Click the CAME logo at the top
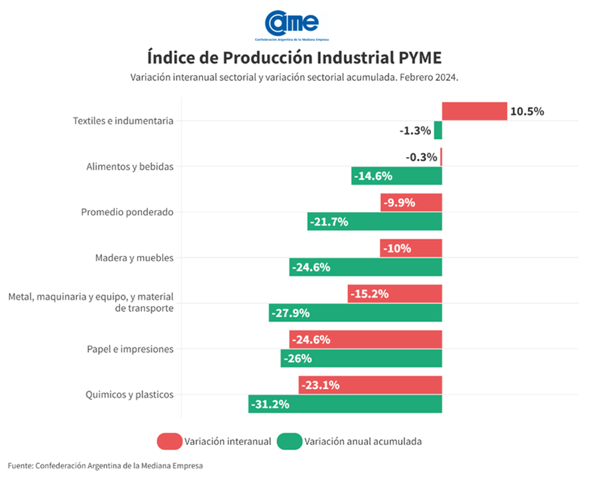click(x=292, y=24)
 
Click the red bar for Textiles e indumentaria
click(x=474, y=111)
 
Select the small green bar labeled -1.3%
click(x=438, y=131)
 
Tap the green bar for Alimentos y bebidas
click(x=396, y=176)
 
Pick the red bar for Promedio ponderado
click(x=411, y=203)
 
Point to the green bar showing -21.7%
click(x=375, y=221)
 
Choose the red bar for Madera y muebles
click(x=411, y=249)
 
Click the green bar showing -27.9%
click(x=355, y=313)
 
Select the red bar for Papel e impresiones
click(x=365, y=339)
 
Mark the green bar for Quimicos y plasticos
click(x=345, y=404)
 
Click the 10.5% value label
click(x=527, y=111)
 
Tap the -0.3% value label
click(x=422, y=158)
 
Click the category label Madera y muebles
click(x=134, y=258)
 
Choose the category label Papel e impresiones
click(x=130, y=349)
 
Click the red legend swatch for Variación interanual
click(x=169, y=441)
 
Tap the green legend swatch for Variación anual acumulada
click(x=290, y=441)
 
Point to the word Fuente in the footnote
click(x=20, y=465)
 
